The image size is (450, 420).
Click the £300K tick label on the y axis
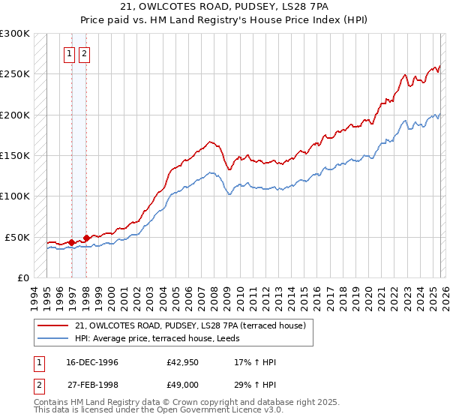tap(14, 34)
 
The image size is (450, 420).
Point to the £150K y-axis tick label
tap(14, 156)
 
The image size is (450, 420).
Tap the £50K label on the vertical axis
tap(16, 237)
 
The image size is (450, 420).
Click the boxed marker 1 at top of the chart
tap(70, 53)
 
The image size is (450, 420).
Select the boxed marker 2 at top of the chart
tap(83, 53)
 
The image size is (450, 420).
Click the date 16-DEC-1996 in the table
tap(90, 362)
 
